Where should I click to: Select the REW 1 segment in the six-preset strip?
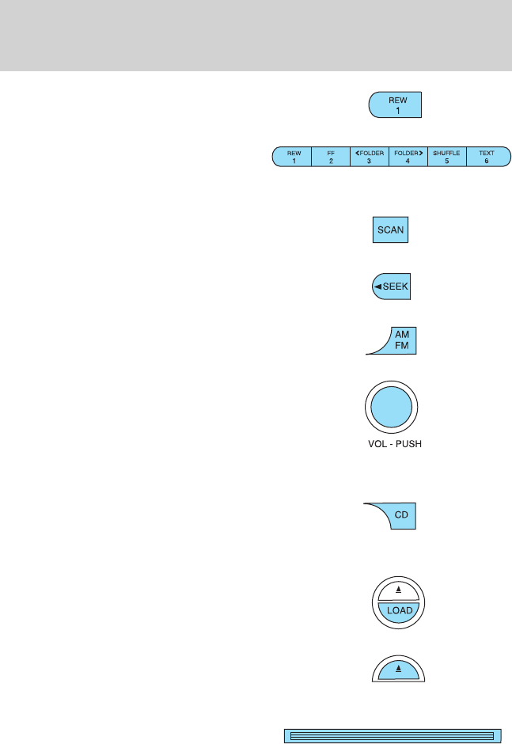tap(292, 156)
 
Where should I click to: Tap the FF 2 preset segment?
tap(331, 156)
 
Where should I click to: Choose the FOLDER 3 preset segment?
tap(370, 156)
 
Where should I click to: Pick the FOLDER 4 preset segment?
tap(408, 156)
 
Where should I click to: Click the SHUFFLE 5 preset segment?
tap(447, 156)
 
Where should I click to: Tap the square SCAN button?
tap(390, 230)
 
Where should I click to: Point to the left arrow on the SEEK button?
tap(379, 287)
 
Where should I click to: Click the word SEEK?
tap(396, 287)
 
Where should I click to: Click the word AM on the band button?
tap(402, 336)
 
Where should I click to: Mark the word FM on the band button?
tap(402, 347)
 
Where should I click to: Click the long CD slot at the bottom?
tap(393, 735)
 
